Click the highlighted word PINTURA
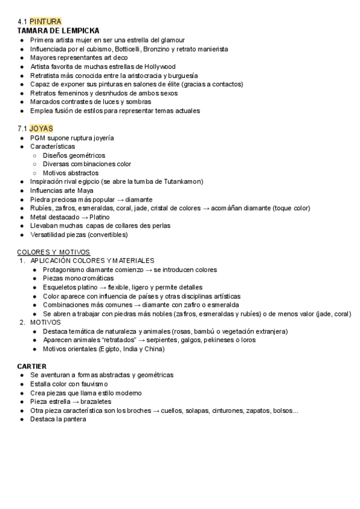(46, 22)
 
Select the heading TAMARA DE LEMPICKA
(58, 31)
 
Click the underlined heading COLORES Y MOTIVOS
(53, 252)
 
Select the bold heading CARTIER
(32, 366)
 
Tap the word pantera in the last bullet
(74, 420)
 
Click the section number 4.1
(23, 22)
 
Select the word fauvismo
(91, 384)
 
